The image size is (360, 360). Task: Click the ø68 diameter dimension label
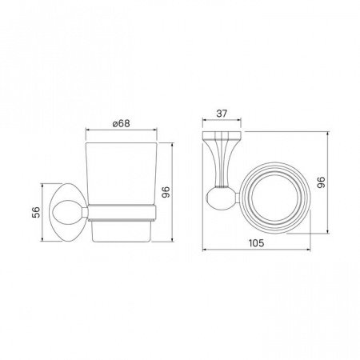coord(121,124)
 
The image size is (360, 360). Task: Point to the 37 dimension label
coord(223,114)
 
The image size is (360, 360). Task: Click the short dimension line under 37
coord(224,122)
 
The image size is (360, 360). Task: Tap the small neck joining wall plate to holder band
coord(83,211)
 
